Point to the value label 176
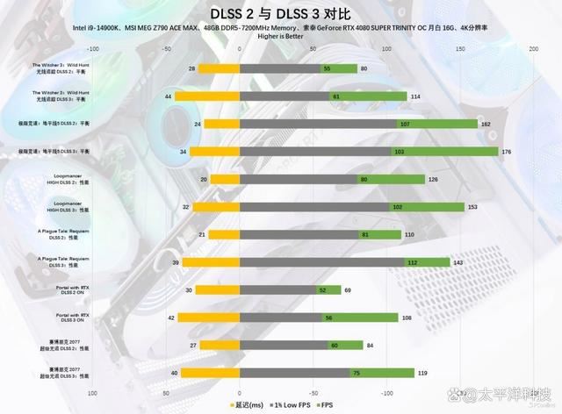point(506,152)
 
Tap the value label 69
point(348,289)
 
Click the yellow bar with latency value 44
point(206,96)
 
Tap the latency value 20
point(203,180)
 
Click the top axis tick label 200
point(533,50)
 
